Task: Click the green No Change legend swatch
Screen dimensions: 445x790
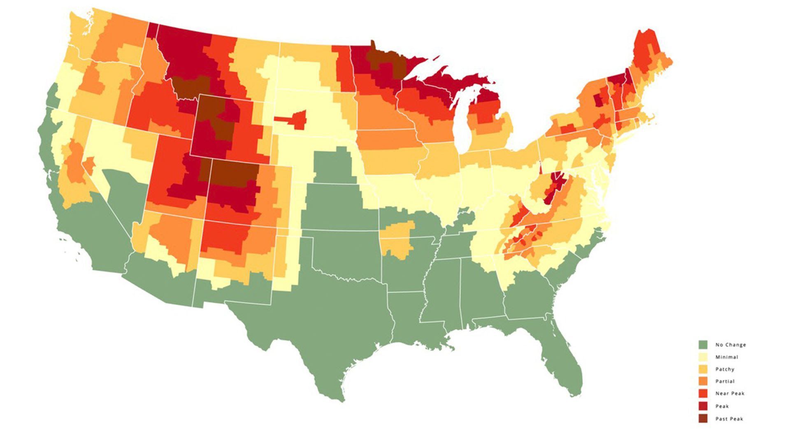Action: pyautogui.click(x=703, y=344)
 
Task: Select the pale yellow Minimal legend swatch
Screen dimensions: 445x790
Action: pyautogui.click(x=703, y=357)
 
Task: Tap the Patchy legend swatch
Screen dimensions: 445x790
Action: pyautogui.click(x=703, y=369)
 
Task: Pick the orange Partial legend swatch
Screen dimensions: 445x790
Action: pyautogui.click(x=703, y=381)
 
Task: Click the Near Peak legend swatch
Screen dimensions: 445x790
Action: pyautogui.click(x=703, y=393)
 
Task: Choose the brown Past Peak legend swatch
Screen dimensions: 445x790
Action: pyautogui.click(x=703, y=419)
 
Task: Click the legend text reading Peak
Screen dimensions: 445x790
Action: pyautogui.click(x=722, y=406)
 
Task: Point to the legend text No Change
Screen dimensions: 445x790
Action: pyautogui.click(x=730, y=345)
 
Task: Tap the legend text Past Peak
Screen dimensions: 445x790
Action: pyautogui.click(x=729, y=419)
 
